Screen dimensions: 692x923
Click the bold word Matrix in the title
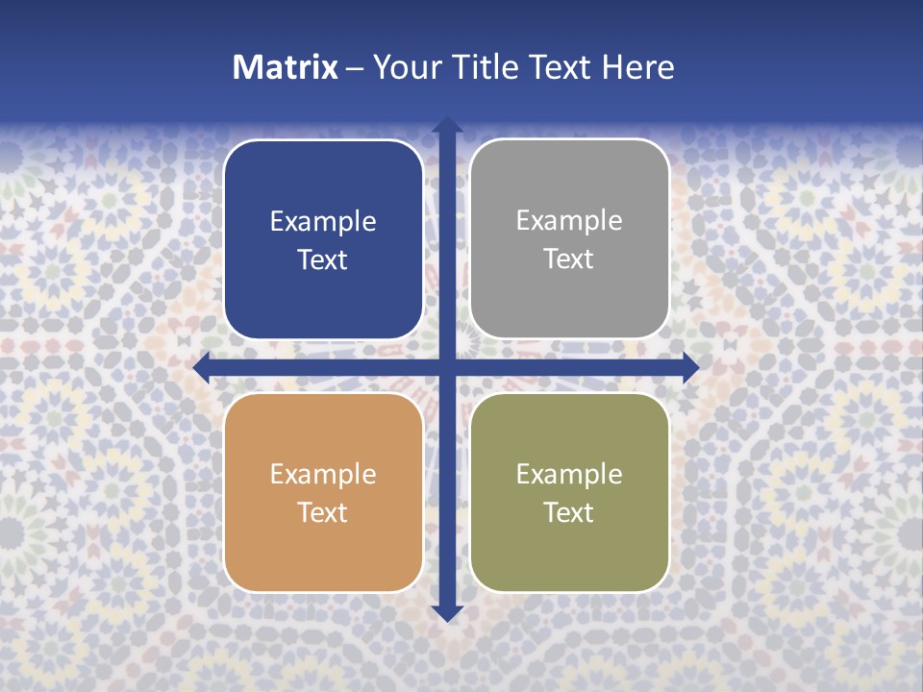(x=286, y=67)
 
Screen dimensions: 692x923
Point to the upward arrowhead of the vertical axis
(x=446, y=125)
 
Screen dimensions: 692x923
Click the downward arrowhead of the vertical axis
(x=446, y=612)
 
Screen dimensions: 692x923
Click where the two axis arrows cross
(x=446, y=367)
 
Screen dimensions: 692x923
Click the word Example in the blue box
(x=323, y=222)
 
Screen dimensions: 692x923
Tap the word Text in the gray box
(x=569, y=259)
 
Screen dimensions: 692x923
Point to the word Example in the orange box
(x=323, y=475)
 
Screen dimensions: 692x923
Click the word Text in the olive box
(x=569, y=513)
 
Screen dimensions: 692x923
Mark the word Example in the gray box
(x=569, y=221)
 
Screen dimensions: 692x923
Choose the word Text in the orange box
(x=323, y=513)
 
